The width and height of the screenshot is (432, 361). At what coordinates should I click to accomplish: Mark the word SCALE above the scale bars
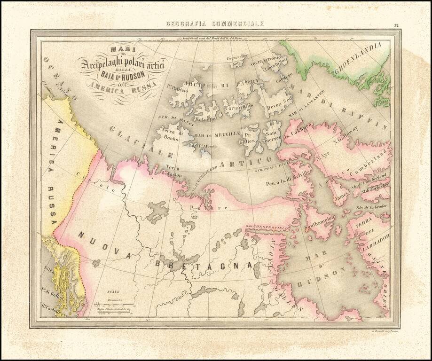tap(113, 291)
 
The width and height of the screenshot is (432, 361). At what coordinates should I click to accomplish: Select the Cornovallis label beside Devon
tap(238, 107)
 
